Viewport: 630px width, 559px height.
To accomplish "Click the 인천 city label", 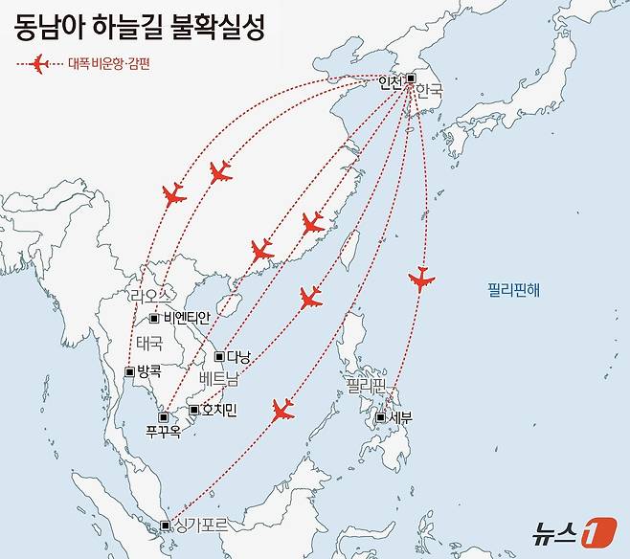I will (391, 82).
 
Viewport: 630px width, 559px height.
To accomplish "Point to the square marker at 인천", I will (411, 78).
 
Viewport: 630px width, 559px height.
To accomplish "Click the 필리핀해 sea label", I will (513, 288).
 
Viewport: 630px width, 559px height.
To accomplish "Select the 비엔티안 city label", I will (187, 317).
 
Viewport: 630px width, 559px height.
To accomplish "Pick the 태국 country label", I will (149, 343).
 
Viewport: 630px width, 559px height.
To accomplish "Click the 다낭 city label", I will (238, 357).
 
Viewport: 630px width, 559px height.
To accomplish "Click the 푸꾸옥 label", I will (164, 433).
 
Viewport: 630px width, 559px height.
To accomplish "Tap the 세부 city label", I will (400, 417).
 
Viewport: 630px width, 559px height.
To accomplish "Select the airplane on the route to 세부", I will (421, 279).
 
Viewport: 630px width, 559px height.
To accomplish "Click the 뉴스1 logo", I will (574, 531).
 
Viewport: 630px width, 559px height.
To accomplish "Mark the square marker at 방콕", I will (129, 370).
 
